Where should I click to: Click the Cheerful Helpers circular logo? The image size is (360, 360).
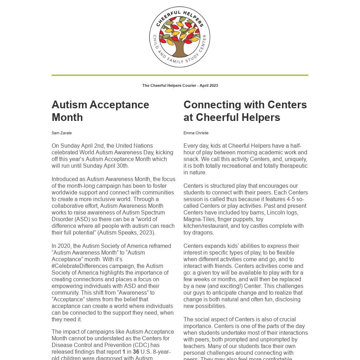[x=180, y=37]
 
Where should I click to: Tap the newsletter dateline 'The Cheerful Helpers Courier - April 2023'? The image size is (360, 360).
[x=180, y=85]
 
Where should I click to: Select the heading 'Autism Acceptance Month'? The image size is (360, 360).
[x=100, y=111]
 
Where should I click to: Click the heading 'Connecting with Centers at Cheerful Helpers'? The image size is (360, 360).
[x=245, y=111]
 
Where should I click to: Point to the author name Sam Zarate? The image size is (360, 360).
[x=62, y=133]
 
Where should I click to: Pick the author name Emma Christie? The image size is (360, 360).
[x=196, y=133]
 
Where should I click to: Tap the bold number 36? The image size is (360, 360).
[x=136, y=352]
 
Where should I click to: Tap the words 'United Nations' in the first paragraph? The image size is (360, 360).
[x=134, y=146]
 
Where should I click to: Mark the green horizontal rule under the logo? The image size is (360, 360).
[x=180, y=75]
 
